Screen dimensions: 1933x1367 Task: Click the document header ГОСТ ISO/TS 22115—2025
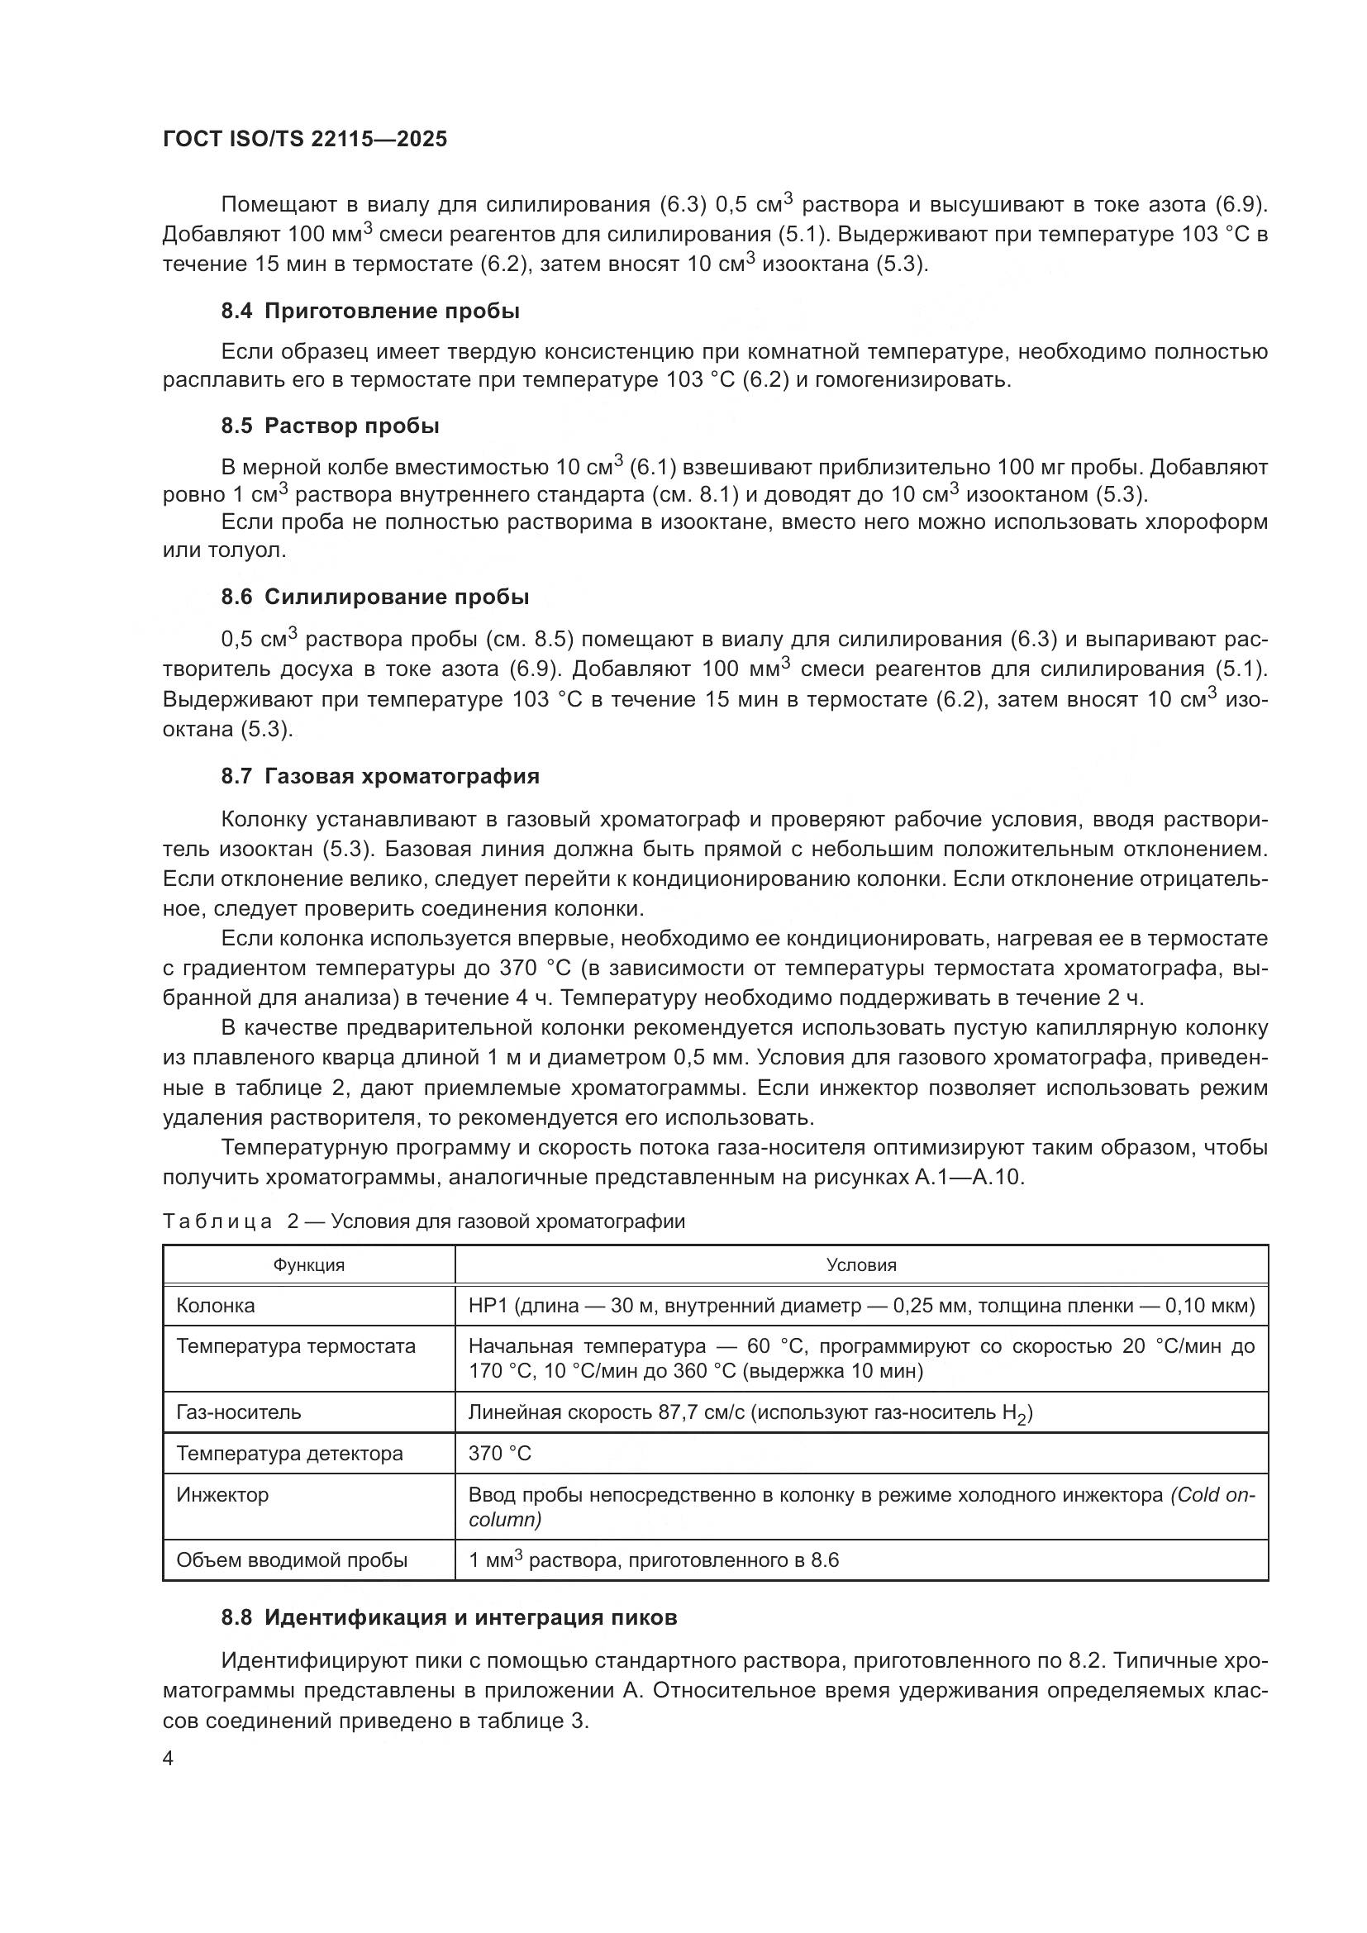304,140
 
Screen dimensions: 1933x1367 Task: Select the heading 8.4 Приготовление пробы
370,312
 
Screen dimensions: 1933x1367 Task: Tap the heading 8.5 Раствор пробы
330,426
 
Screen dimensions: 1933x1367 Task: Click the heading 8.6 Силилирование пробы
374,597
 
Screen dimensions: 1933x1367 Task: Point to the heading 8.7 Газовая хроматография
379,776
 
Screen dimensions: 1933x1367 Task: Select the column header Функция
308,1265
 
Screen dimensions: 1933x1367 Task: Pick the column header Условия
861,1265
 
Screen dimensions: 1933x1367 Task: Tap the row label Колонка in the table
216,1306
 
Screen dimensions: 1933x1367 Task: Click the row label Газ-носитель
238,1412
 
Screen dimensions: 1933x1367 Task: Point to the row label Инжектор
222,1495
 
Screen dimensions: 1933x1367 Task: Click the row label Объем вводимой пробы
291,1560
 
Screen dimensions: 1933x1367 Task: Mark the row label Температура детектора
288,1454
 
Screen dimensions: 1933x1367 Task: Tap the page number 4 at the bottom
169,1759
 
